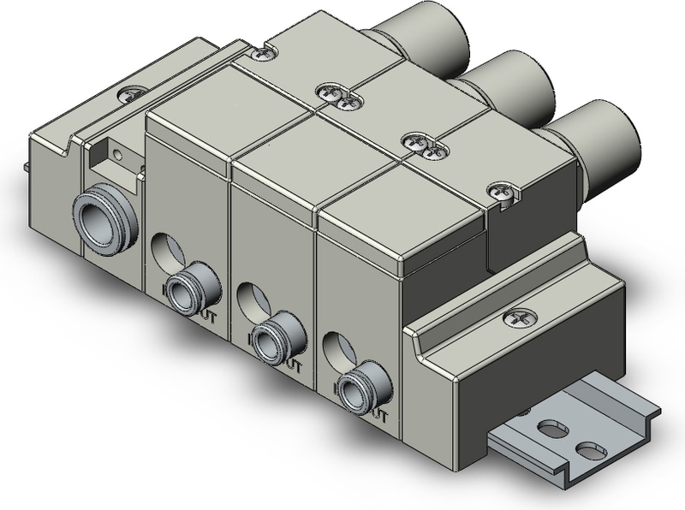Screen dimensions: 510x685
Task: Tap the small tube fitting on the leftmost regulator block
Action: point(184,293)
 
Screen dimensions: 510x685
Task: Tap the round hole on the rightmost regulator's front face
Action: point(337,347)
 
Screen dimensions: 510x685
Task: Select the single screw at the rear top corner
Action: point(265,52)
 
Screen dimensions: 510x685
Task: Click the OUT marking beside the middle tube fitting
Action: point(294,367)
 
